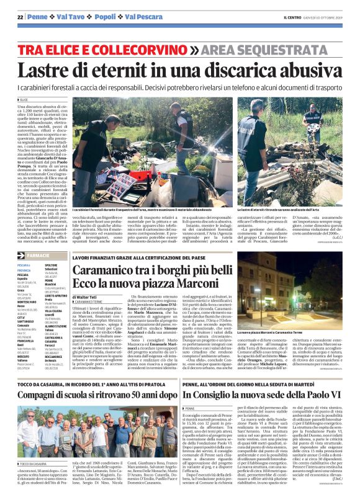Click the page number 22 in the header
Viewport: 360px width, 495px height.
(x=20, y=17)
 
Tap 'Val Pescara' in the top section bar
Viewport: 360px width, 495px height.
(x=135, y=17)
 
